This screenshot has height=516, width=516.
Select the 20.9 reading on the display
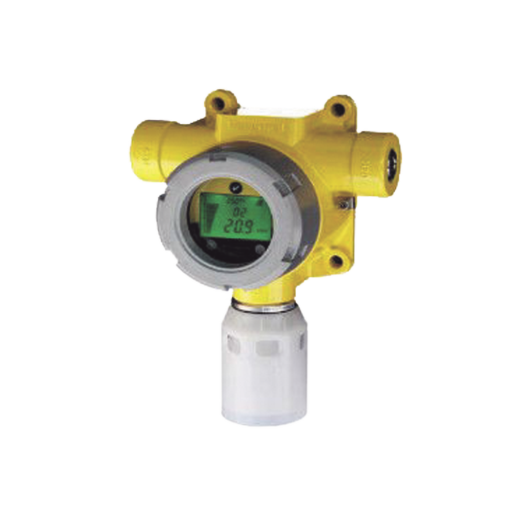coord(238,225)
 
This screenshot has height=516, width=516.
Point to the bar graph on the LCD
coord(211,217)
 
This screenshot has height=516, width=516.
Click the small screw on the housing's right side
coord(343,205)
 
